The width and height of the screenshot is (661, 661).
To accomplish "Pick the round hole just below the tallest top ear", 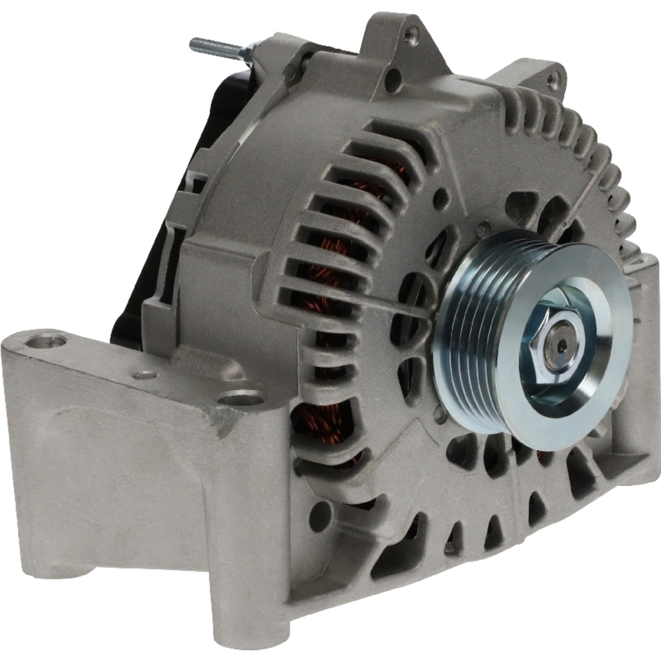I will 393,82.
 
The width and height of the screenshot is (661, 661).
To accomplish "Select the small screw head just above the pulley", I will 485,228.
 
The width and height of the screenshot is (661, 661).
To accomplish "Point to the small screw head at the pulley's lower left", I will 438,414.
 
